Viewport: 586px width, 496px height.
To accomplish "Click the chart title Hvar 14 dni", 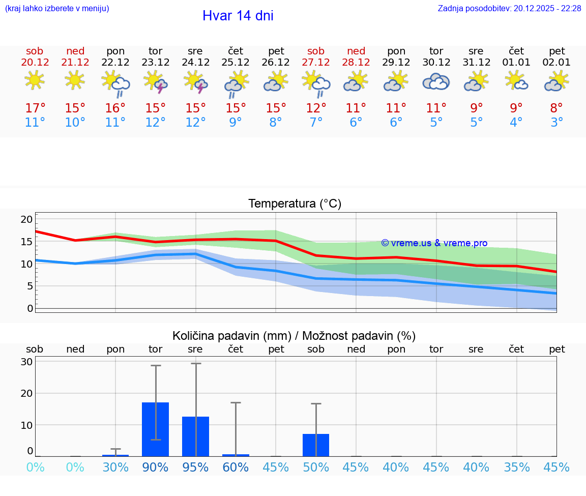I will coord(238,16).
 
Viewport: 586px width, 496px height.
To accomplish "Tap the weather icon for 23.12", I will coord(156,82).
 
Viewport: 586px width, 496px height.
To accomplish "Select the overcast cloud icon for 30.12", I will coord(436,81).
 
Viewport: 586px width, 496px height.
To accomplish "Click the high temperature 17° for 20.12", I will coord(35,108).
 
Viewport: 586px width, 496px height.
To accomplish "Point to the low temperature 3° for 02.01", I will coord(556,123).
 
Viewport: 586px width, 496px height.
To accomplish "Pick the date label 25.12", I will coord(236,63).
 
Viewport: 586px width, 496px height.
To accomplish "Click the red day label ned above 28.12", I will coord(356,51).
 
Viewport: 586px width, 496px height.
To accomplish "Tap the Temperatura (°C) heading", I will coord(295,204).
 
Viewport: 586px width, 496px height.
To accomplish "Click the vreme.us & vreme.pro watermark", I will coord(434,243).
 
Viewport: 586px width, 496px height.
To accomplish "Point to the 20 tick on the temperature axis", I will coord(26,219).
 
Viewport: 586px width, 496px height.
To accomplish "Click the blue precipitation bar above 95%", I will coord(195,436).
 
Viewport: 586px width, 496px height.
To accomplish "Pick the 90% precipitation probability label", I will coord(155,468).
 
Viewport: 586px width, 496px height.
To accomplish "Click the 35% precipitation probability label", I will coord(517,468).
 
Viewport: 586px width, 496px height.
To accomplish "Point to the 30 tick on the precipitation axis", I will coord(26,362).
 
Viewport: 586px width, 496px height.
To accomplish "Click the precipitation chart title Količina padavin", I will coord(294,336).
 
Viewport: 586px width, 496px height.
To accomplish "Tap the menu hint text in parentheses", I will coord(57,8).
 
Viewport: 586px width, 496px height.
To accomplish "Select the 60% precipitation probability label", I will coord(236,468).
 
